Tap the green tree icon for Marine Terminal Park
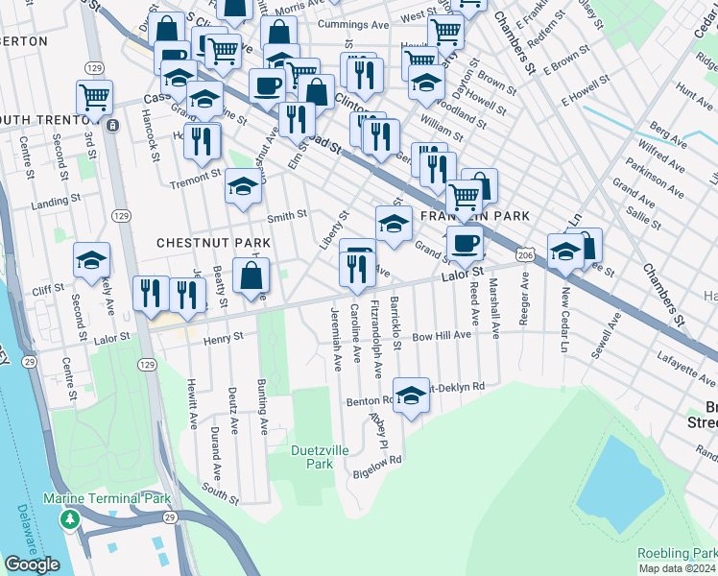(x=69, y=519)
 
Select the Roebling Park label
(x=677, y=554)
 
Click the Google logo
(x=32, y=564)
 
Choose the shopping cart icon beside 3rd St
(x=94, y=96)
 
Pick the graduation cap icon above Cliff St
(x=92, y=260)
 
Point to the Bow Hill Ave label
(x=442, y=336)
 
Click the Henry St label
(x=224, y=337)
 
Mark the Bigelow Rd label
(x=376, y=460)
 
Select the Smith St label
(x=286, y=217)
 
